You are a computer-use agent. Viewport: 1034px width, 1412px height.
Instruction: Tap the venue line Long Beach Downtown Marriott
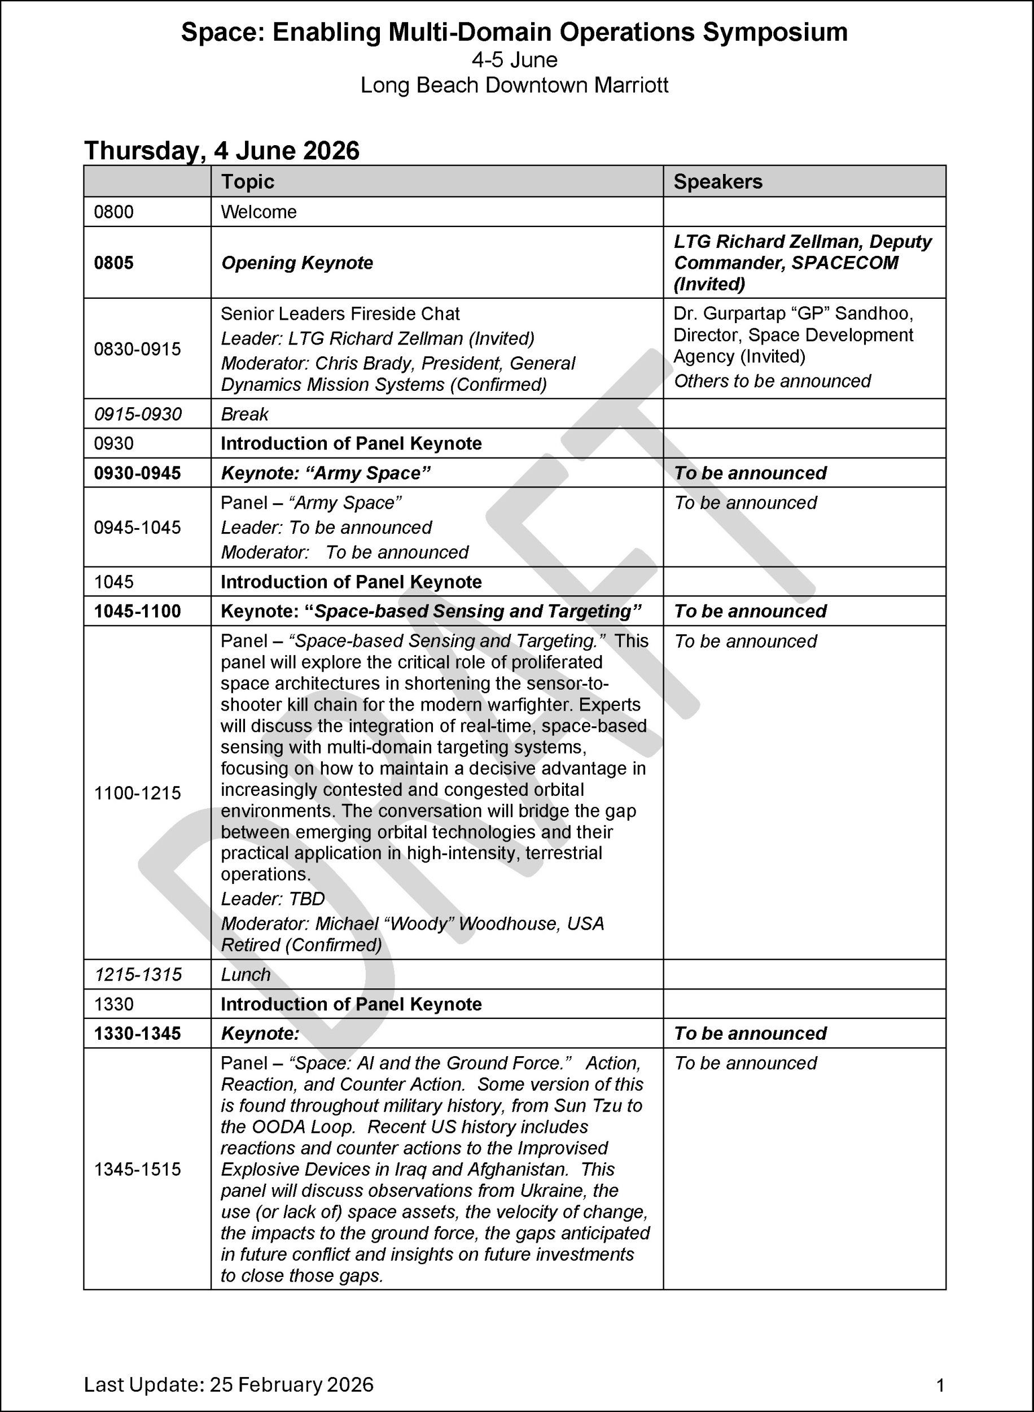click(x=514, y=85)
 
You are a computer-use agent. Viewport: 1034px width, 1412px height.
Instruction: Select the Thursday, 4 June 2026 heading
click(x=222, y=151)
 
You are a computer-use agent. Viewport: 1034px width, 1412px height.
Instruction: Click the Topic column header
click(x=248, y=182)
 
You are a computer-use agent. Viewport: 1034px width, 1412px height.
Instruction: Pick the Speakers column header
click(x=717, y=182)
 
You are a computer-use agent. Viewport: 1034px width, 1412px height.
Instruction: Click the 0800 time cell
click(x=114, y=212)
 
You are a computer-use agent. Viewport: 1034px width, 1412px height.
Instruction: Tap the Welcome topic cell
click(x=258, y=212)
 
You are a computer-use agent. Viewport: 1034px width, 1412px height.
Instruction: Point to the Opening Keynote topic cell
click(x=297, y=263)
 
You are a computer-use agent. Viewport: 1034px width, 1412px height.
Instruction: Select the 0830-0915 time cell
click(x=137, y=349)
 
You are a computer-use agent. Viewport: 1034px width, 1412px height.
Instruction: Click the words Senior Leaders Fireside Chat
click(x=340, y=313)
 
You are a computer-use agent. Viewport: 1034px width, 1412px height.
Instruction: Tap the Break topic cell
click(x=244, y=414)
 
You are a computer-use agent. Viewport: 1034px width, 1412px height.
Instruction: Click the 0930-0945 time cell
click(x=137, y=473)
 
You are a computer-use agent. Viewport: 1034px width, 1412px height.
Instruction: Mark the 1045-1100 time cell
click(x=137, y=611)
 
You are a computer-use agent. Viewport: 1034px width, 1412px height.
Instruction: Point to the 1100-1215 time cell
click(x=137, y=794)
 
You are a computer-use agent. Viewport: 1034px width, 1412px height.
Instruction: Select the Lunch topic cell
click(x=246, y=974)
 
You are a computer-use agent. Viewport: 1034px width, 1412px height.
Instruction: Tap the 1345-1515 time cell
click(x=137, y=1169)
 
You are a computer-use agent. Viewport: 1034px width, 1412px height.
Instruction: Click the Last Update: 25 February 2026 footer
click(x=229, y=1384)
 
